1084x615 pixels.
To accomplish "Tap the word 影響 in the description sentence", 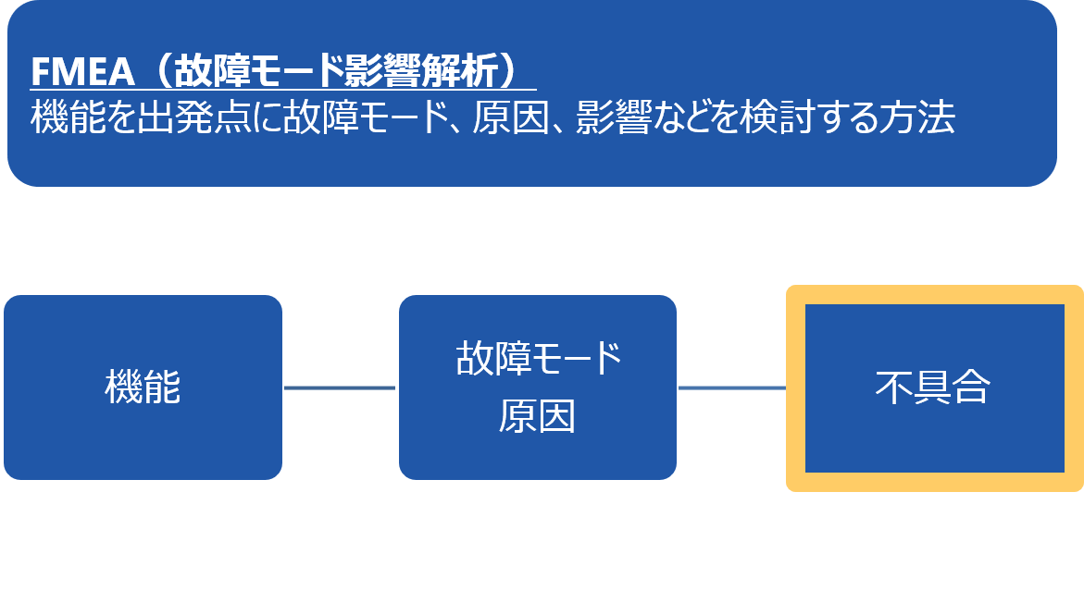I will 614,118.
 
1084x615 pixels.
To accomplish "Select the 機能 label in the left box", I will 143,388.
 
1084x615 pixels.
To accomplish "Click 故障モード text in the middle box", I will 538,359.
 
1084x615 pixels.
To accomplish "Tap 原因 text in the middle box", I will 537,417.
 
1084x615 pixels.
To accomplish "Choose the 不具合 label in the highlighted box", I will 932,388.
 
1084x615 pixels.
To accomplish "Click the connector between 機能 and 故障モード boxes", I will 340,388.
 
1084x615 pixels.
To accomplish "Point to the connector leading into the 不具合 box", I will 732,388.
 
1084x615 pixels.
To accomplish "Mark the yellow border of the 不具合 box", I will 795,388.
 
